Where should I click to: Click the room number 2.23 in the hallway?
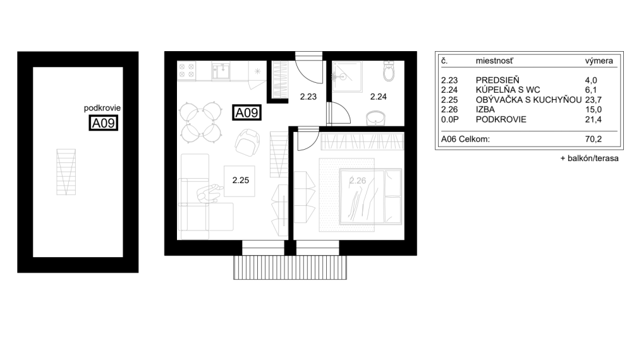tap(308, 97)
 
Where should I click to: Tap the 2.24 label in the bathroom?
tap(378, 97)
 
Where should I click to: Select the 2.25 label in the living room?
tap(240, 180)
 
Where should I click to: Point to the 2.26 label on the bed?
tap(358, 181)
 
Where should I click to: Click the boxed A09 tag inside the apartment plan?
tap(246, 113)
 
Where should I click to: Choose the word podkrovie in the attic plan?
tap(102, 108)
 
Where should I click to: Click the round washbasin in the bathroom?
tap(377, 118)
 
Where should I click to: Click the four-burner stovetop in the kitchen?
tap(187, 71)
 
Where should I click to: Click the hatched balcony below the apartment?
tap(291, 267)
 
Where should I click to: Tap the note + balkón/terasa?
tap(588, 159)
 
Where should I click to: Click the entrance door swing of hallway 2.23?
tap(310, 70)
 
